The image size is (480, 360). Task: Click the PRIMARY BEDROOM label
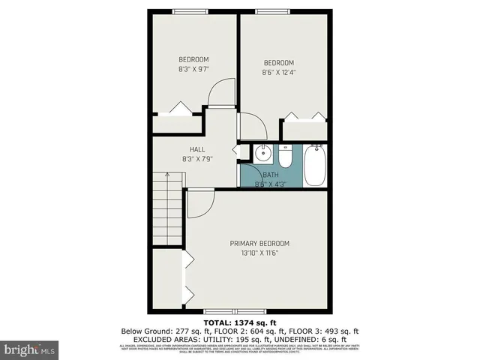259,243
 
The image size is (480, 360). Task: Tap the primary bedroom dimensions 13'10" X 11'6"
259,253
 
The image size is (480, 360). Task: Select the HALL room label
197,149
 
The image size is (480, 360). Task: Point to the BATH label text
270,175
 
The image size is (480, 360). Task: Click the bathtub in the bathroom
316,166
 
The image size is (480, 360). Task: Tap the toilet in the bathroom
286,157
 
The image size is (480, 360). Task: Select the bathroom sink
262,155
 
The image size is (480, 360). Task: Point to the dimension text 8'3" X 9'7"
193,69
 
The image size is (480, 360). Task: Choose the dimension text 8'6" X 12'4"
278,72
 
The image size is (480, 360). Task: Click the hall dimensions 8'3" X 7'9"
197,159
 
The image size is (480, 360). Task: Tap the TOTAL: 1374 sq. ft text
240,322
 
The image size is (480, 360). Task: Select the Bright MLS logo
30,349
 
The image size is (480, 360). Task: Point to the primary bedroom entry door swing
201,203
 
